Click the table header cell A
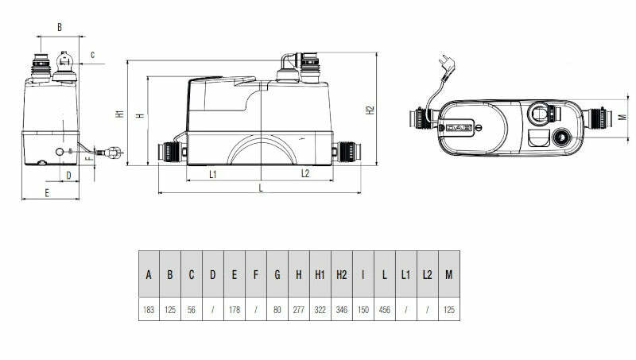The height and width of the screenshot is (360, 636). click(149, 275)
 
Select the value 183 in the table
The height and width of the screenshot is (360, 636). click(149, 309)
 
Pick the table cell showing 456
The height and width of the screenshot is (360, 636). click(384, 309)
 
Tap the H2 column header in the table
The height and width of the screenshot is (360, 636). click(341, 275)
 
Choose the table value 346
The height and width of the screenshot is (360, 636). click(341, 309)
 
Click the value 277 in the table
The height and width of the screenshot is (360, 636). click(298, 309)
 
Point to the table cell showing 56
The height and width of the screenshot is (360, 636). click(192, 309)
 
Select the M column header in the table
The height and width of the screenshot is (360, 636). click(448, 275)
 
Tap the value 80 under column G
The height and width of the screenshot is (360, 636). click(277, 309)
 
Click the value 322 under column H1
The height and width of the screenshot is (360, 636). click(320, 309)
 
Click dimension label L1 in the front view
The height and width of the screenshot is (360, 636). click(214, 173)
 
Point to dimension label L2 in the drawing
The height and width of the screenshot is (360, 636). click(305, 173)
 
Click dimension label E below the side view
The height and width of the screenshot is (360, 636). click(47, 193)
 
